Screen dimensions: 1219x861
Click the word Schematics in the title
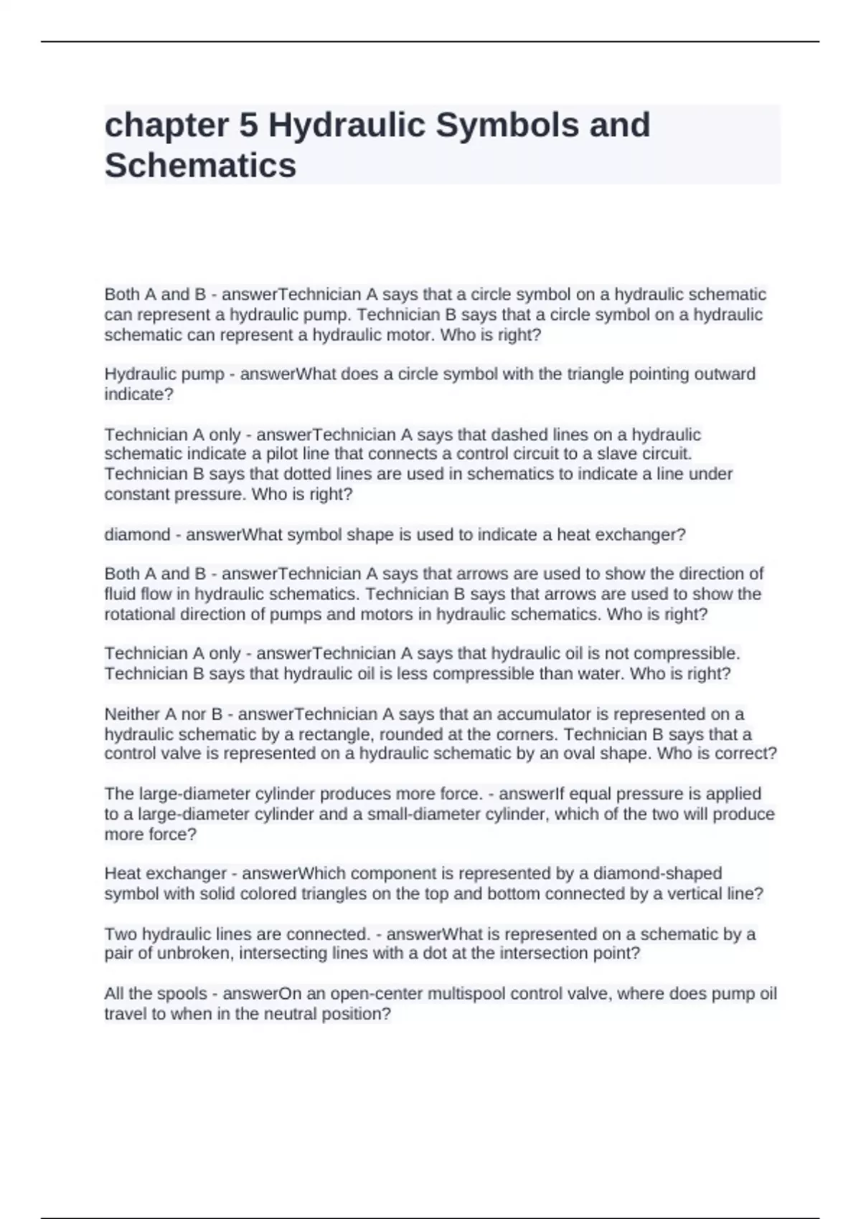click(200, 166)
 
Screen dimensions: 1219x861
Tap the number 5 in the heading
click(248, 125)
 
